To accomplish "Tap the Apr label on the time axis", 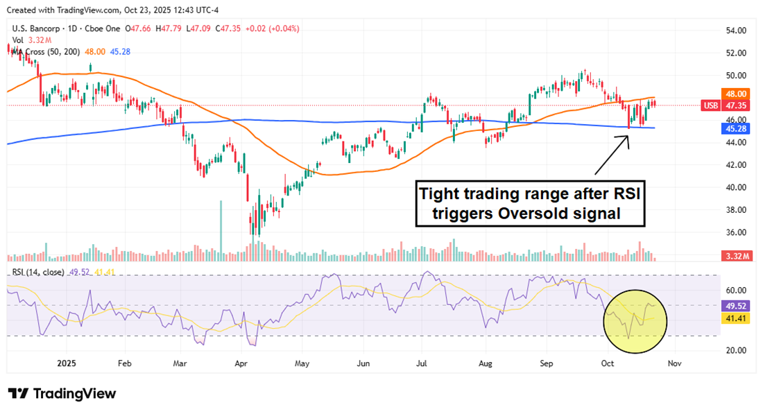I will tap(241, 363).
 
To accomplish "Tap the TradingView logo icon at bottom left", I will tap(18, 393).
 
